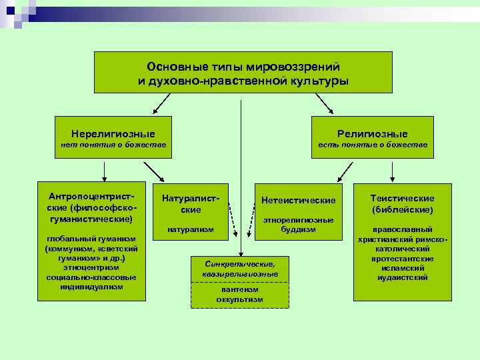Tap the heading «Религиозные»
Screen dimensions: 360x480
372,133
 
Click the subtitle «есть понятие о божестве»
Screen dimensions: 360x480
372,145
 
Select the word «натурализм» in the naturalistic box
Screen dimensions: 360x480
191,229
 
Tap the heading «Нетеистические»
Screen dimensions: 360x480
298,200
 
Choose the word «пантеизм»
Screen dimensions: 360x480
239,290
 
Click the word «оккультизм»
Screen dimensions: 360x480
239,299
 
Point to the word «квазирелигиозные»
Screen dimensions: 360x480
240,274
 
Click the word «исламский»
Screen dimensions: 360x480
402,267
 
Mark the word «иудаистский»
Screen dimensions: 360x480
402,277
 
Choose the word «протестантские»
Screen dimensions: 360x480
402,258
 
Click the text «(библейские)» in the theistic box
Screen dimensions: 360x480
402,209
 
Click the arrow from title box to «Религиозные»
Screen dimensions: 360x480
324,103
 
